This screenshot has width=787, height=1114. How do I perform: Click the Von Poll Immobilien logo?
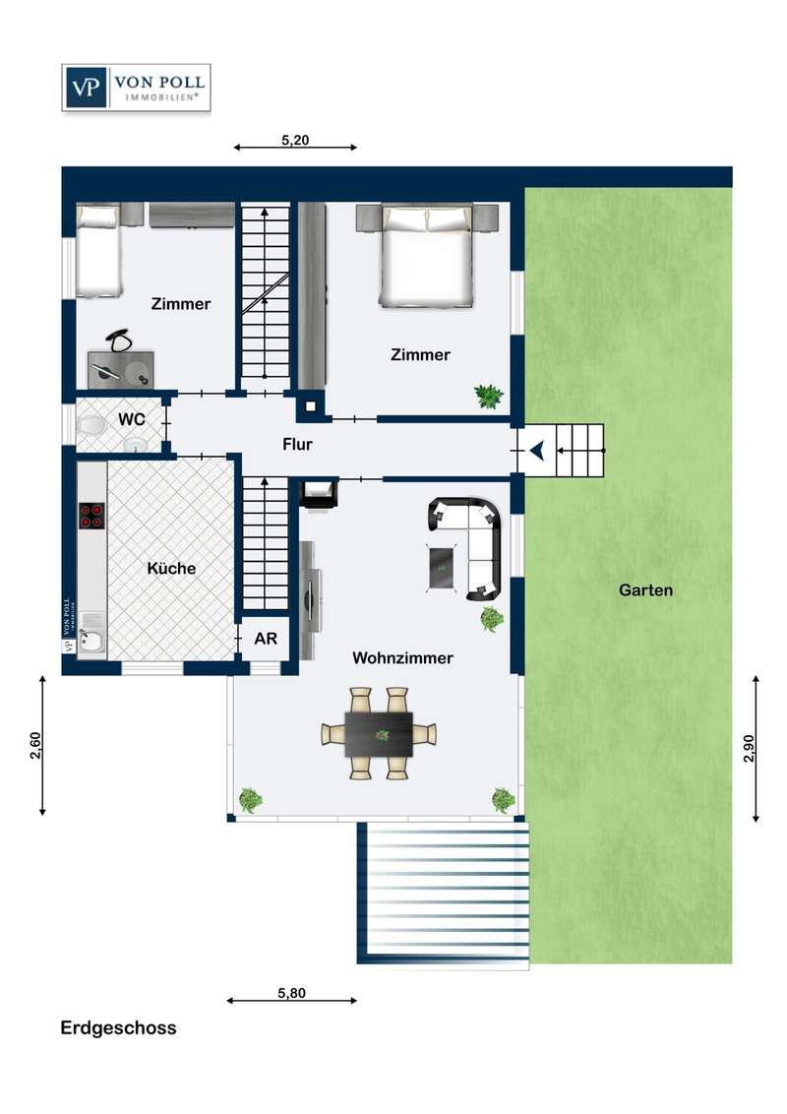[137, 88]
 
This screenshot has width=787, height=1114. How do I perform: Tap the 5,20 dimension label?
[295, 140]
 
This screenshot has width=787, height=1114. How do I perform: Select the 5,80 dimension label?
[291, 993]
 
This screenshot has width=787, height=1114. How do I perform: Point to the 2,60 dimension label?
[35, 745]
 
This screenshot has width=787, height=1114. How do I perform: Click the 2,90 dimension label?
[749, 748]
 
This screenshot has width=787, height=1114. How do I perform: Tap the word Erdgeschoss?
[118, 1028]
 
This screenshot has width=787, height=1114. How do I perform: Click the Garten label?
[645, 589]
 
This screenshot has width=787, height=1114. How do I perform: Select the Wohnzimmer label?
[402, 658]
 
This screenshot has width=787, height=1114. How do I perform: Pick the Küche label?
[171, 569]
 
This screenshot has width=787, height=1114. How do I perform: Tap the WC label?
[132, 419]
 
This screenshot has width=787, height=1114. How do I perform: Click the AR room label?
[266, 639]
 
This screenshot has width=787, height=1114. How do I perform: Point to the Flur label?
[298, 444]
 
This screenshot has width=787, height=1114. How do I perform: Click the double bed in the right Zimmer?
[426, 256]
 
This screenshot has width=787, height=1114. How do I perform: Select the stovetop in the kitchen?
[91, 516]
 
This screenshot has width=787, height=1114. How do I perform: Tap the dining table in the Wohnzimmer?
[379, 734]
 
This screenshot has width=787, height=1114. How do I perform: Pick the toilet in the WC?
[91, 426]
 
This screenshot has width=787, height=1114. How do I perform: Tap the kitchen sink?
[91, 641]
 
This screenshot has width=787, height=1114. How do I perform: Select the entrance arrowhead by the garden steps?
[537, 450]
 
